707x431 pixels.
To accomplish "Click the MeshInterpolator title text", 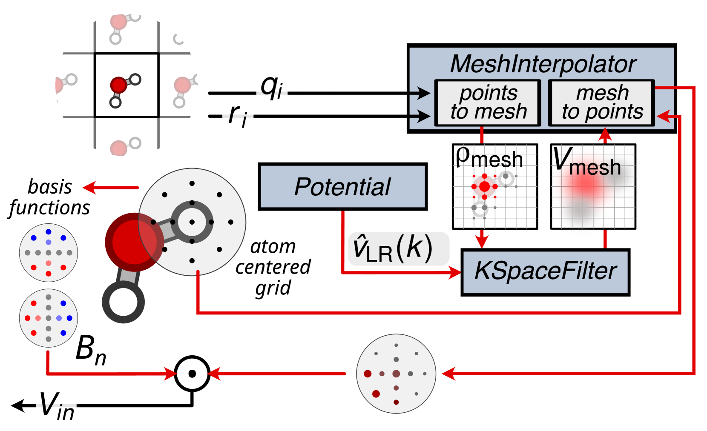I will tap(543, 64).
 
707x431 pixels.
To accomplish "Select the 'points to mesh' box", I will tap(488, 103).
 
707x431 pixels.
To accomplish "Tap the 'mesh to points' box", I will tap(601, 103).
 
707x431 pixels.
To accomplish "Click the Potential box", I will tap(342, 187).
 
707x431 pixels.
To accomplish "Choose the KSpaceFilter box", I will tap(545, 271).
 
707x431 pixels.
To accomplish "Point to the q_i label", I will tap(272, 88).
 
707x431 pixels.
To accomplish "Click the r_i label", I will tap(238, 116).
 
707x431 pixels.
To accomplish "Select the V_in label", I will tap(56, 406).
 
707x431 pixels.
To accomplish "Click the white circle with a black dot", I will tap(192, 374).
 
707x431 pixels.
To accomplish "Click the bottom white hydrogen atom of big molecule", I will tap(123, 302).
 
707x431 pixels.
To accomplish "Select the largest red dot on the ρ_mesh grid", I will tap(484, 186).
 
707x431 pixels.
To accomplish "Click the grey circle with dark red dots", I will tap(396, 374).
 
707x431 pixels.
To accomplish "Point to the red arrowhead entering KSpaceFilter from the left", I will tap(456, 272).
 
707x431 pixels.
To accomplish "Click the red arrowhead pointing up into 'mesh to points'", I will tap(605, 135).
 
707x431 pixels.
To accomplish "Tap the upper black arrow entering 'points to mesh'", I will tap(422, 92).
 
